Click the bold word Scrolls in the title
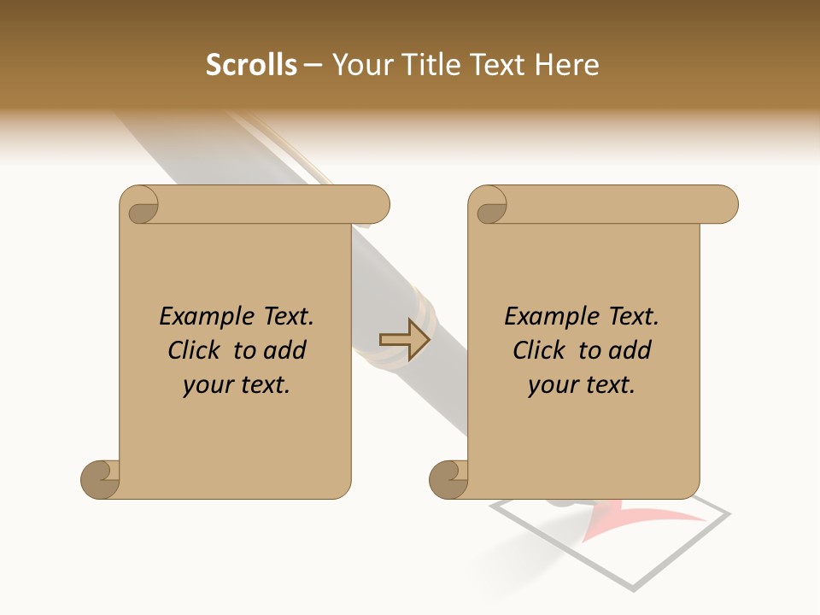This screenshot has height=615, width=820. (251, 65)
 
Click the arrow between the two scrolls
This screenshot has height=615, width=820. (404, 340)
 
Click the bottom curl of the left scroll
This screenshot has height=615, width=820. (101, 479)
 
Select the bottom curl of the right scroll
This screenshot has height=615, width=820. (449, 479)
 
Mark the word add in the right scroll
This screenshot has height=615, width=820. (631, 351)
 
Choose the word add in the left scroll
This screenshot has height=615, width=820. (286, 351)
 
